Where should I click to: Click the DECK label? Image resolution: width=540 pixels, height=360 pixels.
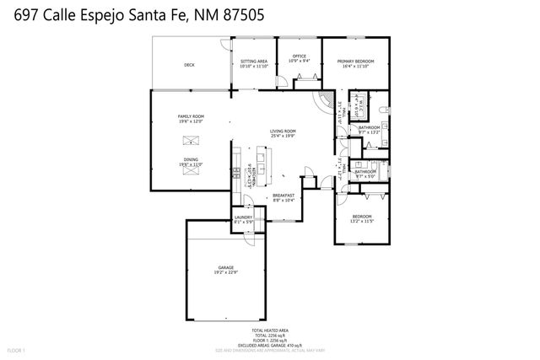[x=189, y=65]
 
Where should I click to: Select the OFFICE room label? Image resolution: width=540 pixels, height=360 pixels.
[x=300, y=56]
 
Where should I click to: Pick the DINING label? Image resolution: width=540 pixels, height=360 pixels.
[x=192, y=159]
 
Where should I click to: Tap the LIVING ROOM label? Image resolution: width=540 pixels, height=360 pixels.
[x=283, y=131]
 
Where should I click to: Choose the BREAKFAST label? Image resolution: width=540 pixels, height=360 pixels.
[x=283, y=195]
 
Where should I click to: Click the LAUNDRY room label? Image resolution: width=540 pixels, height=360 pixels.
[x=243, y=218]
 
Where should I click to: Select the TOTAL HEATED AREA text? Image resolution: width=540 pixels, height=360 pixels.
[x=270, y=330]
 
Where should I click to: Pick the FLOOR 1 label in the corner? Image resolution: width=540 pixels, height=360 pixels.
[x=17, y=349]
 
